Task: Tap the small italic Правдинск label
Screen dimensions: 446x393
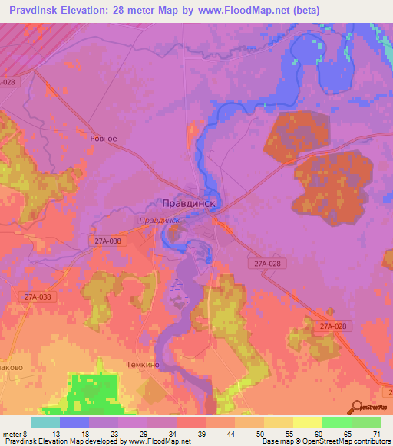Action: click(160, 220)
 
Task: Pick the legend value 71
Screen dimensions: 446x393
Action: click(376, 435)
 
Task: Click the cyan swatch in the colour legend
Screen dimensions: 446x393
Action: click(45, 422)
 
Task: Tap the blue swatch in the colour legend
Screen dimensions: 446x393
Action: click(74, 422)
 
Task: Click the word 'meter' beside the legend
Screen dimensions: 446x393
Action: click(12, 435)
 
